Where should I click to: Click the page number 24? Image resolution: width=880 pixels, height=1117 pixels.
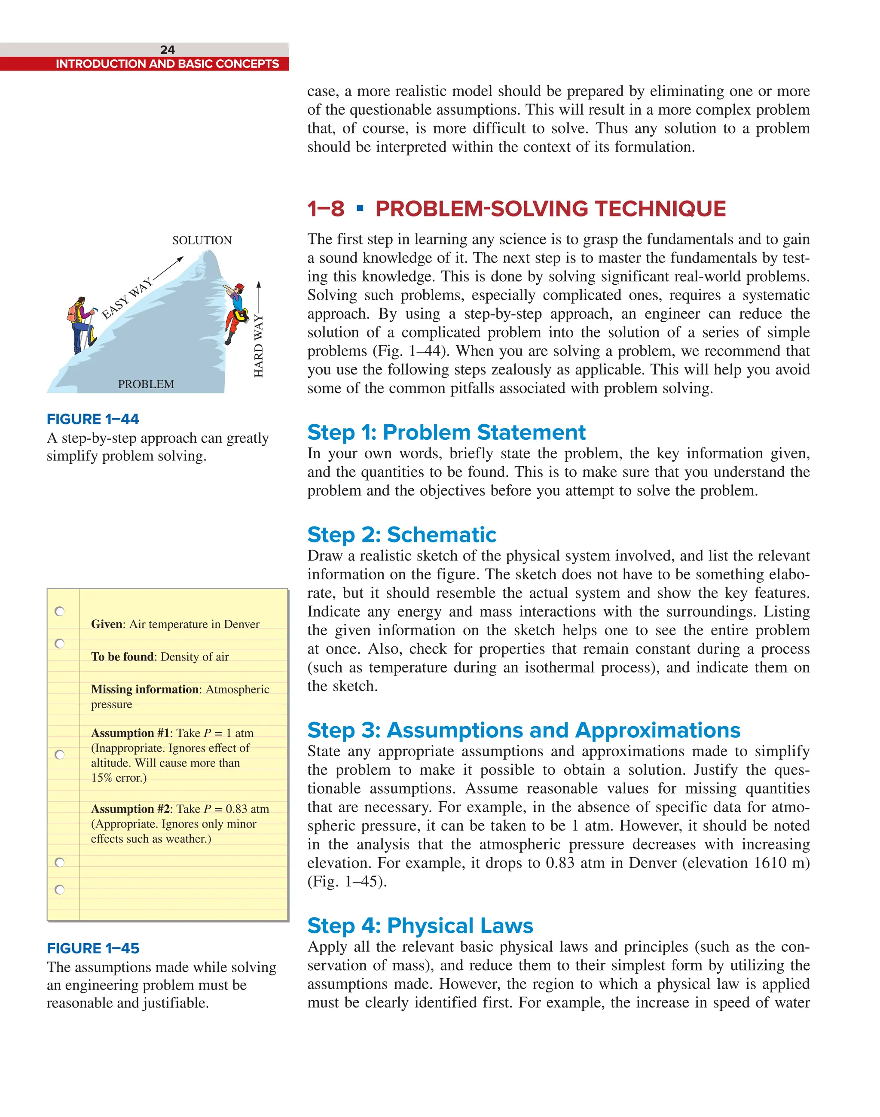pyautogui.click(x=168, y=49)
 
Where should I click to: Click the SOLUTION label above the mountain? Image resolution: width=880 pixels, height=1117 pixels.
pyautogui.click(x=202, y=240)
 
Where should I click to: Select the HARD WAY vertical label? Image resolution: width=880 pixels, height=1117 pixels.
pyautogui.click(x=259, y=346)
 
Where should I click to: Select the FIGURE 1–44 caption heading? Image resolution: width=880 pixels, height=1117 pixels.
pyautogui.click(x=93, y=419)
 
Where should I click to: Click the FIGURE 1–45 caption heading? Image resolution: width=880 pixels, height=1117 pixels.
pyautogui.click(x=93, y=948)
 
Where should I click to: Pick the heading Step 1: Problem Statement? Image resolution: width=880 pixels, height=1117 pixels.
pyautogui.click(x=446, y=432)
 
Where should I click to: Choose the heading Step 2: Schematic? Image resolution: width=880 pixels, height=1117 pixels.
pyautogui.click(x=401, y=535)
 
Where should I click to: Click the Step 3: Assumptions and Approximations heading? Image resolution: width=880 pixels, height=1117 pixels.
pyautogui.click(x=523, y=730)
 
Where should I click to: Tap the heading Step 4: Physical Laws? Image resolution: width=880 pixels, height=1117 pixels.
pyautogui.click(x=420, y=925)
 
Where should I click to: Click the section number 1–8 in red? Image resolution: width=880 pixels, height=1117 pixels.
pyautogui.click(x=326, y=209)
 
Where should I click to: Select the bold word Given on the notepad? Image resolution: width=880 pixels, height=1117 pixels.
pyautogui.click(x=107, y=624)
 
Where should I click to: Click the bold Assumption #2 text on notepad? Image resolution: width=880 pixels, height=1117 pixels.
pyautogui.click(x=130, y=809)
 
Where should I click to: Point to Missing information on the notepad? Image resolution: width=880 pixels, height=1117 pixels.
pyautogui.click(x=145, y=689)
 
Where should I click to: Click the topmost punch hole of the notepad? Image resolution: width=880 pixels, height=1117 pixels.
pyautogui.click(x=60, y=611)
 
